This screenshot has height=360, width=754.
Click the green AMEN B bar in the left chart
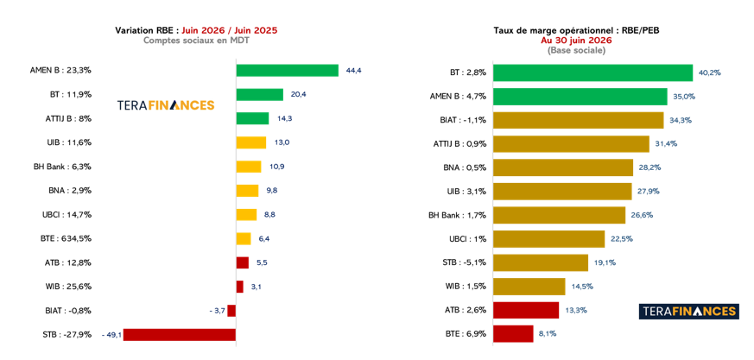click(287, 71)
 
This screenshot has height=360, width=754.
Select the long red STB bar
click(180, 334)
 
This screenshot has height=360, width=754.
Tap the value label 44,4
click(353, 71)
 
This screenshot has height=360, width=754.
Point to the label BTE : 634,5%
click(67, 238)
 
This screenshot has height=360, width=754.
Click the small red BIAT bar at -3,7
click(231, 311)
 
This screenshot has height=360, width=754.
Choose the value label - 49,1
click(111, 334)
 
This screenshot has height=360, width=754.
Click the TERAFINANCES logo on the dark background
click(688, 312)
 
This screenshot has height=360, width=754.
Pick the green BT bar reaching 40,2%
click(592, 73)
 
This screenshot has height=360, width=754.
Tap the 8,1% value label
click(548, 333)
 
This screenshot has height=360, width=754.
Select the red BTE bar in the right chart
click(513, 333)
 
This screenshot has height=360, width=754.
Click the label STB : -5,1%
click(463, 262)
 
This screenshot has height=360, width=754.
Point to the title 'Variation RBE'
click(145, 31)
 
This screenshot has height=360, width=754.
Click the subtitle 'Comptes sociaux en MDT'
click(196, 41)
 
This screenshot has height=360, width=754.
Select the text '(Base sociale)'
click(576, 50)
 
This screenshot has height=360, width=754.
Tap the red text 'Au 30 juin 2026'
click(576, 41)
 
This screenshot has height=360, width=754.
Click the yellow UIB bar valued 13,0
click(251, 142)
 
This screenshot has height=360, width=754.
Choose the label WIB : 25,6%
click(67, 287)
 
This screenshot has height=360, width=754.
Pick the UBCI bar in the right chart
click(548, 239)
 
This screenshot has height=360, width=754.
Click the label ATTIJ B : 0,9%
click(459, 143)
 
